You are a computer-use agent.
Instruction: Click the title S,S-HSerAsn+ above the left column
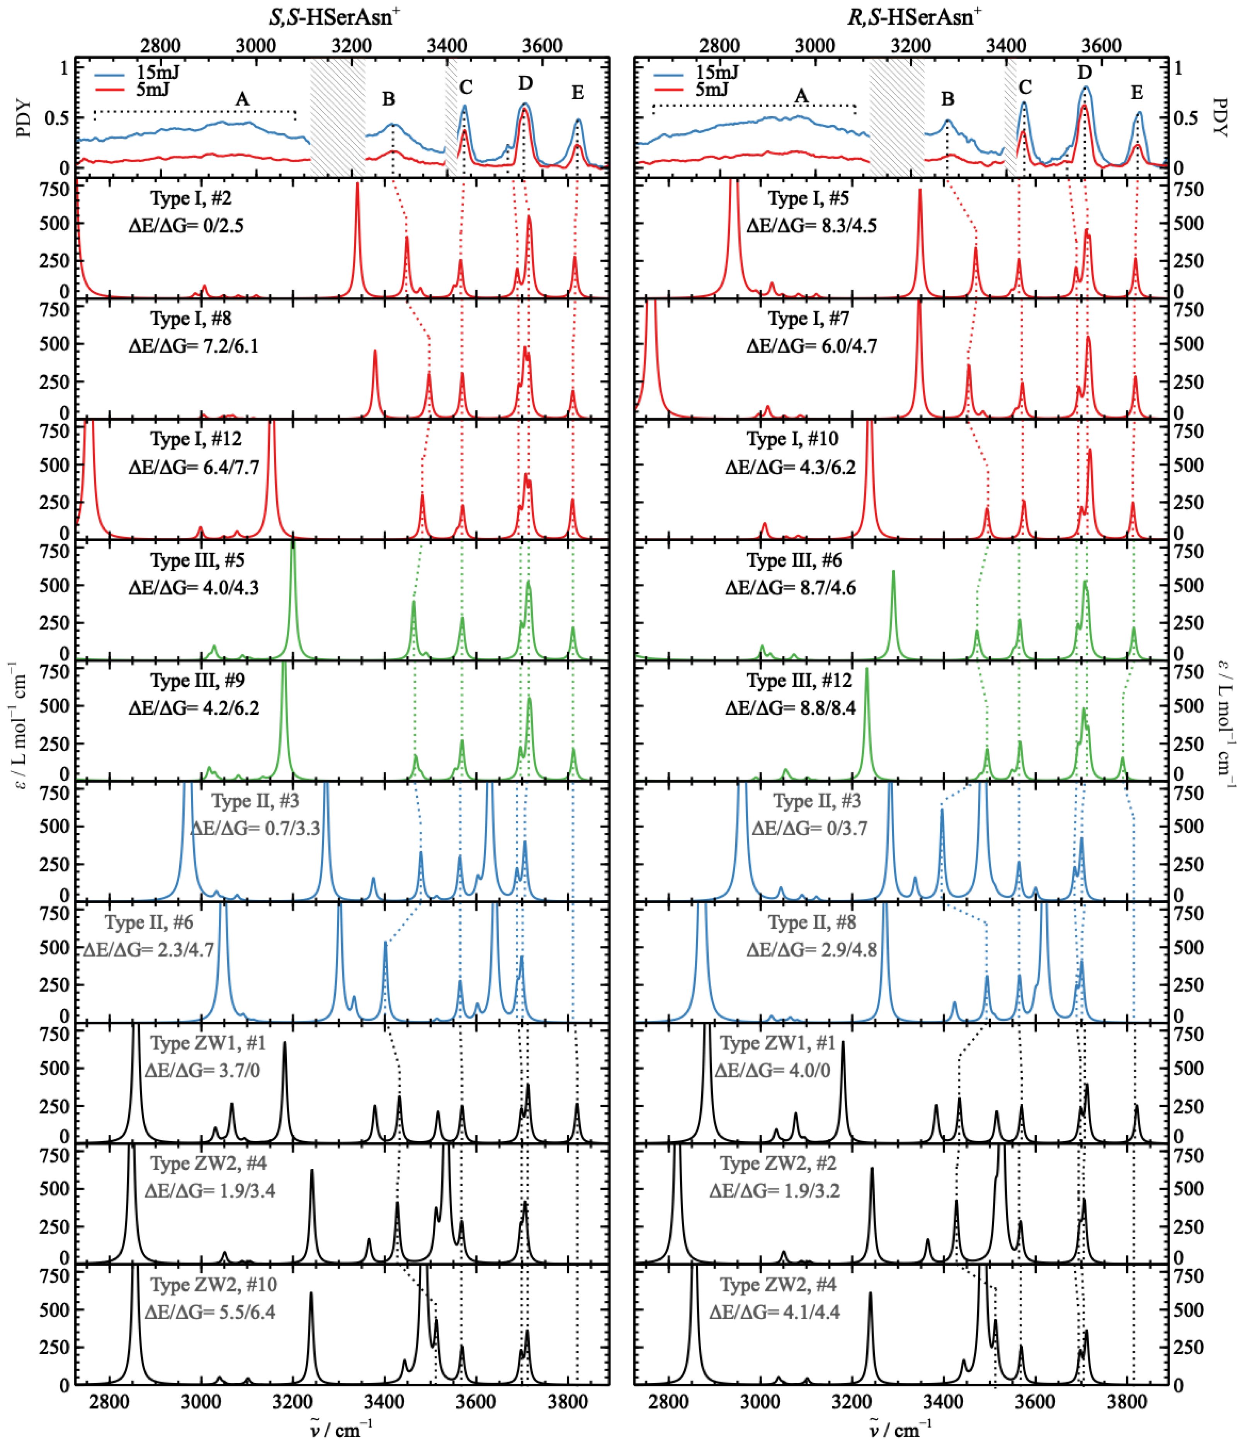pos(334,16)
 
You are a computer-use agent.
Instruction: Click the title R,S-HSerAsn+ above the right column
pos(914,16)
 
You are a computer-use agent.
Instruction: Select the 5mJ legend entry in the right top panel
pos(712,89)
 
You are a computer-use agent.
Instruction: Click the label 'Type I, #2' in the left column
pos(191,199)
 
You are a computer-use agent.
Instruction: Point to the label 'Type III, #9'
pos(197,680)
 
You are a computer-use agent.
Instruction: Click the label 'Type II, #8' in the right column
pos(812,923)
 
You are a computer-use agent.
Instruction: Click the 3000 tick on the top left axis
pos(255,46)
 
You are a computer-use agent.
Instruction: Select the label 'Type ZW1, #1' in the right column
pos(778,1043)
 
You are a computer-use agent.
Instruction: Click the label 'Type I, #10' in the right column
pos(792,439)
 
